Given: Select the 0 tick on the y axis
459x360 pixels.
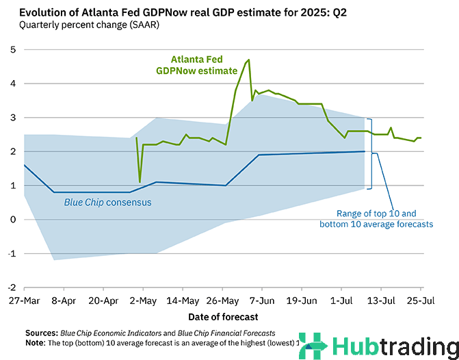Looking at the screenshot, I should pyautogui.click(x=14, y=219).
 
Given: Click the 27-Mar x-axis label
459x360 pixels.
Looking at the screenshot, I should pyautogui.click(x=24, y=300).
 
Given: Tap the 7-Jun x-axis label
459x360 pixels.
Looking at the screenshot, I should pyautogui.click(x=261, y=300).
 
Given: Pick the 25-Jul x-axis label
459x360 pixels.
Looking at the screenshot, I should pyautogui.click(x=419, y=300).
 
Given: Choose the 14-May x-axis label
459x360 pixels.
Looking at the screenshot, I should pyautogui.click(x=182, y=300).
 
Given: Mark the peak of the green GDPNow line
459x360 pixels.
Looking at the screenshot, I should pyautogui.click(x=249, y=60).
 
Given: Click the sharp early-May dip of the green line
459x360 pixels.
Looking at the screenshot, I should pyautogui.click(x=140, y=181).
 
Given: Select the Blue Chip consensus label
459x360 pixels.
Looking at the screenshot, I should pyautogui.click(x=108, y=203).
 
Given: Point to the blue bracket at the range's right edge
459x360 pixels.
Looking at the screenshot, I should pyautogui.click(x=369, y=153).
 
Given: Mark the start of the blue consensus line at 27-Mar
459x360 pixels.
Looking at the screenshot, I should pyautogui.click(x=24, y=165).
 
